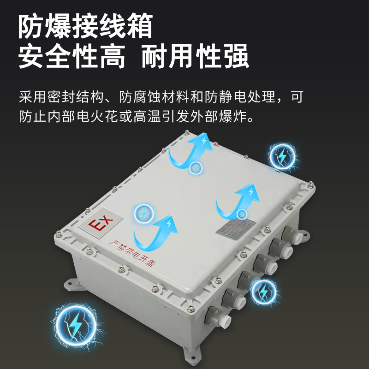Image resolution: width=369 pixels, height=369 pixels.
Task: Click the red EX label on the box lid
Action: click(x=101, y=223)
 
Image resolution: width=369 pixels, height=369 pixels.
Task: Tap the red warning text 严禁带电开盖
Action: click(x=132, y=254)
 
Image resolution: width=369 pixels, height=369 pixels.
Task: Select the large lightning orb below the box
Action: click(x=76, y=326)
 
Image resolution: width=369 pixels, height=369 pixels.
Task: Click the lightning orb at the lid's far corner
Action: click(x=282, y=156)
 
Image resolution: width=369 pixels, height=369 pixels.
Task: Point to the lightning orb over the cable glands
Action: click(x=263, y=292)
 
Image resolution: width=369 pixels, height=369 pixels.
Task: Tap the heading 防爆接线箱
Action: click(x=86, y=26)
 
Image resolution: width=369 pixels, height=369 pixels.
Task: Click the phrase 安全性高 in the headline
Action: click(x=72, y=56)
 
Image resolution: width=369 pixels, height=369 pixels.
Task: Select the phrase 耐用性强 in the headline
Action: click(x=195, y=56)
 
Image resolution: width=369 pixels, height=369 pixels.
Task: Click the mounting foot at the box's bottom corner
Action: click(x=192, y=355)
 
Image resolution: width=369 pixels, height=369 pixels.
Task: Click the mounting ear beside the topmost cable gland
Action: click(x=305, y=235)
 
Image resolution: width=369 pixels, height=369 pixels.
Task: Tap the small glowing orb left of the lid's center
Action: click(x=143, y=214)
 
